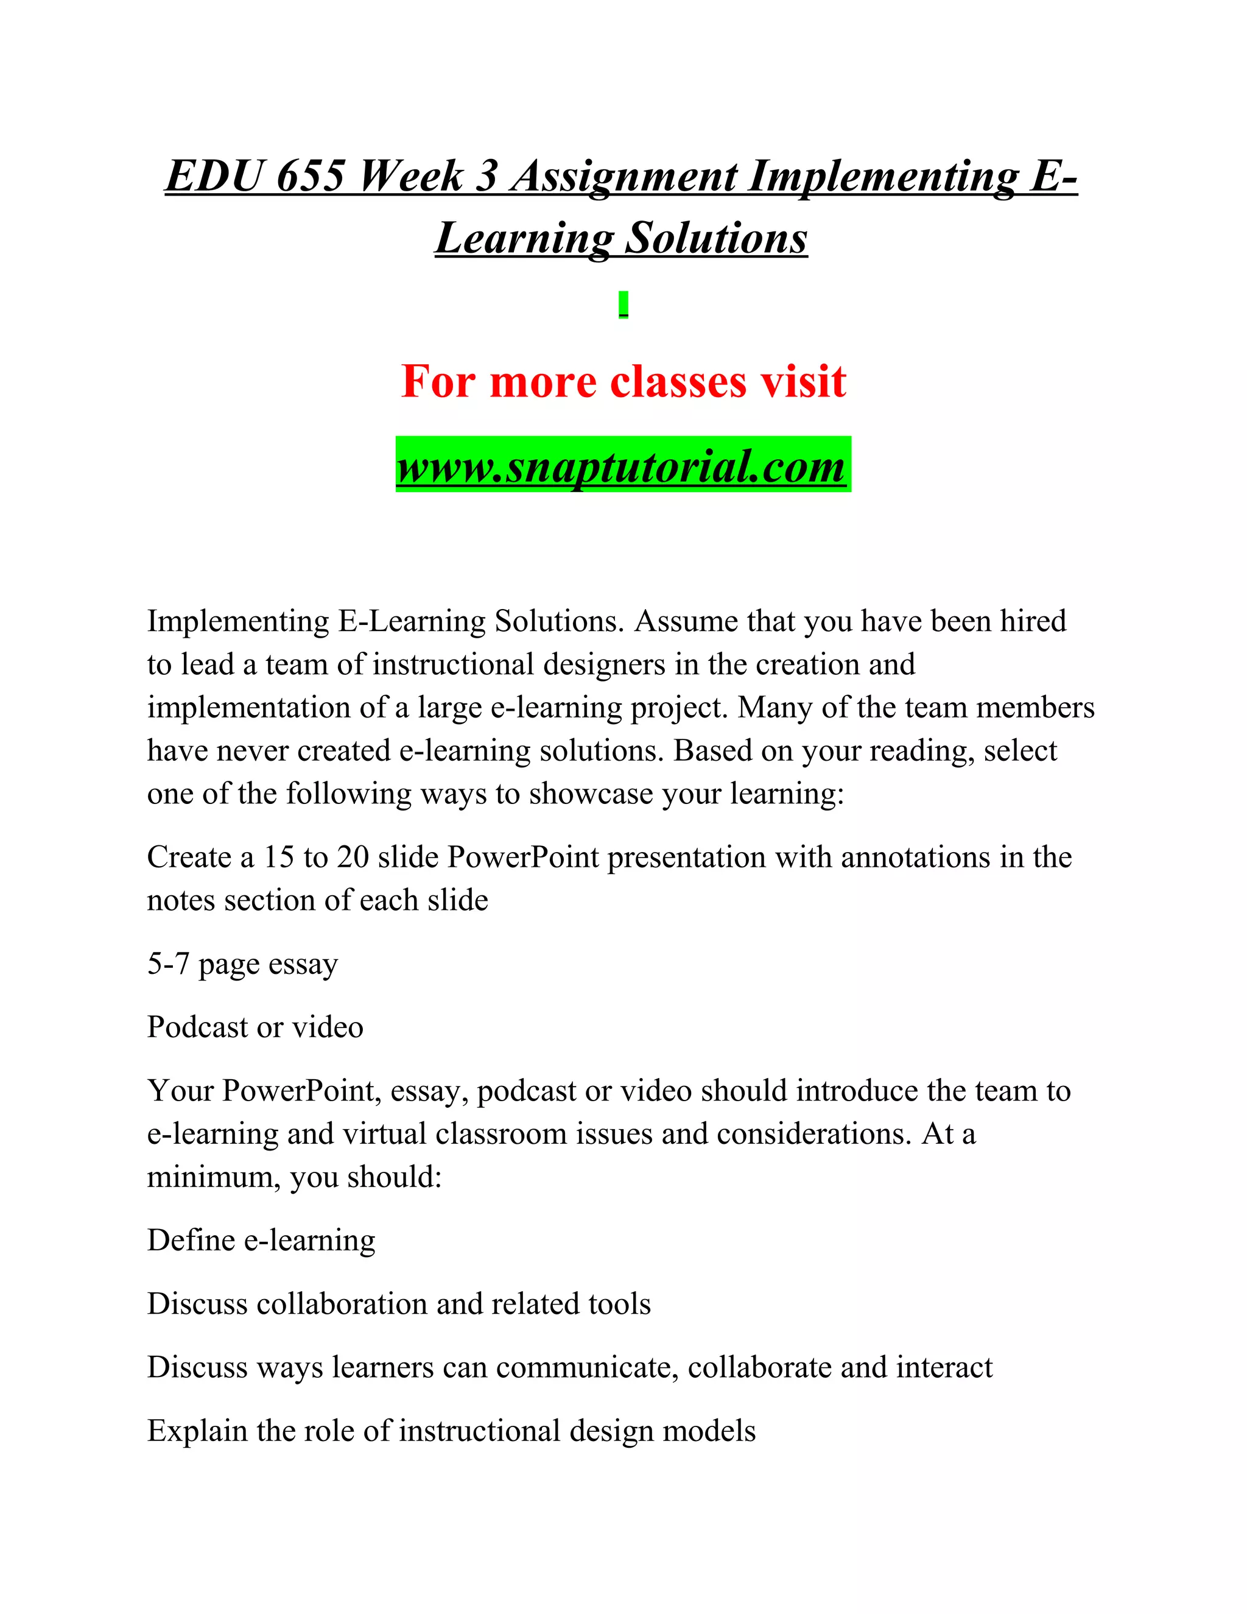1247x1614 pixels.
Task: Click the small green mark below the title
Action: [623, 305]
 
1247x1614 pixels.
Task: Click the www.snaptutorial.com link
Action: [622, 465]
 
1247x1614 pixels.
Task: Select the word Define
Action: [191, 1240]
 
